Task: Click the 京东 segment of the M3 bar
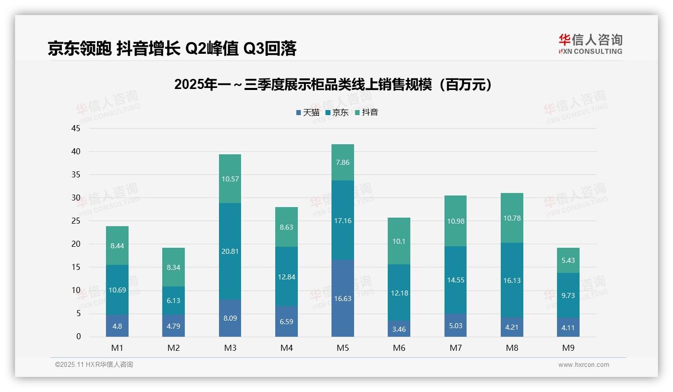coord(230,251)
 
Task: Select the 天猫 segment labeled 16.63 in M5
coord(343,299)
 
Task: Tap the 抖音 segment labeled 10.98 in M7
coord(456,221)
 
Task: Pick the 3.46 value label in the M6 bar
coord(399,329)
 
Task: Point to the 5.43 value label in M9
coord(568,260)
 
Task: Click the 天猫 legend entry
coord(307,113)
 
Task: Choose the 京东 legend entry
coord(337,113)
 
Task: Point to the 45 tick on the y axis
coord(76,128)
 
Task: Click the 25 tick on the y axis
coord(76,221)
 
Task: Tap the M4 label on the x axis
coord(286,348)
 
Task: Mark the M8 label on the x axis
coord(512,348)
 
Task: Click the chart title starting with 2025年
coord(332,85)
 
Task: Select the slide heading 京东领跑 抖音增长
coord(172,48)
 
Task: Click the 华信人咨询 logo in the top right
coord(590,44)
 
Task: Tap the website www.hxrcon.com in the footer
coord(584,365)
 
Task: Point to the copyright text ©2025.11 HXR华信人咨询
coord(94,365)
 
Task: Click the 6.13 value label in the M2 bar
coord(173,301)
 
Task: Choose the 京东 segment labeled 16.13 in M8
coord(512,280)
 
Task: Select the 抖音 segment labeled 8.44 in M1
coord(117,246)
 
